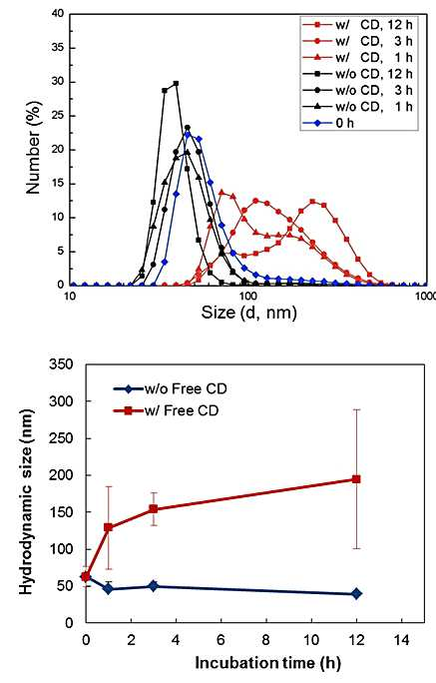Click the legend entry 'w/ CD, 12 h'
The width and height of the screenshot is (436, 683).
[357, 25]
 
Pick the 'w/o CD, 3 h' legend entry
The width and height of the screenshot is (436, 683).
[357, 90]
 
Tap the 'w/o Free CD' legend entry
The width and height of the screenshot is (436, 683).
[171, 389]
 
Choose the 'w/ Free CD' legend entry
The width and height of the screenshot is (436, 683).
[166, 410]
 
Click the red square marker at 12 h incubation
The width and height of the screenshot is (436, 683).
[356, 479]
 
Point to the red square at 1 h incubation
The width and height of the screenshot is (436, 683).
[109, 527]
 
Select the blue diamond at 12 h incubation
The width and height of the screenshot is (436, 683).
[356, 593]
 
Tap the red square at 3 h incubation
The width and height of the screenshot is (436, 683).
[154, 509]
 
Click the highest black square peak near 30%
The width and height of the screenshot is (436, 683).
[176, 83]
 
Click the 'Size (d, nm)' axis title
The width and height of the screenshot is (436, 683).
[248, 312]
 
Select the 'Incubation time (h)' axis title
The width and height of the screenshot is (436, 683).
[267, 662]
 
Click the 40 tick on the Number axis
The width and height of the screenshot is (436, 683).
[58, 14]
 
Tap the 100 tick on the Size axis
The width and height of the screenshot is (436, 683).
[247, 296]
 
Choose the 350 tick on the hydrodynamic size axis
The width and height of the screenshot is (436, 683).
[61, 363]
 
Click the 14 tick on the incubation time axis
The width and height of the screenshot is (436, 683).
[401, 640]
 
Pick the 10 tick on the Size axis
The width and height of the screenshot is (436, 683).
[70, 296]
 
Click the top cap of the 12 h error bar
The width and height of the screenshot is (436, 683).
[356, 409]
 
